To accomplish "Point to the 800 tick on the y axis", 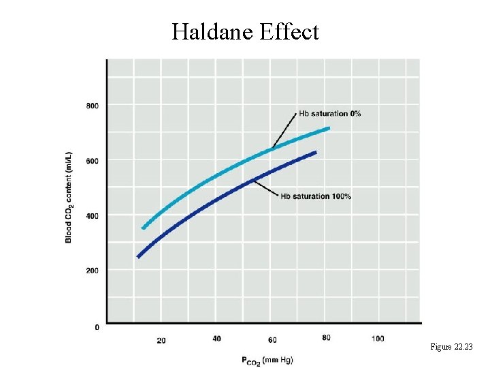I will point(92,106).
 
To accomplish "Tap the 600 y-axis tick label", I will point(92,161).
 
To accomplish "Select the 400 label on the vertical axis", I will point(92,216).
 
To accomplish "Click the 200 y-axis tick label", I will point(92,271).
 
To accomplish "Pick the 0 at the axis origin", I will point(96,328).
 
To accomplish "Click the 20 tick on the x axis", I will point(161,339).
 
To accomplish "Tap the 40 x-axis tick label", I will point(216,339).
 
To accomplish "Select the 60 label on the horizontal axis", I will point(272,339).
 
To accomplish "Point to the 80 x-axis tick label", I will point(326,339).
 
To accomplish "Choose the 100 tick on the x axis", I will point(378,339).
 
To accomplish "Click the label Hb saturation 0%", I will point(330,113).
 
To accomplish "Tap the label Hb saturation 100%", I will point(316,197).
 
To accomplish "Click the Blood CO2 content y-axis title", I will point(69,196).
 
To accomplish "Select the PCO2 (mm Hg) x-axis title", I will point(267,359).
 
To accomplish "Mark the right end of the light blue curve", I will point(329,128).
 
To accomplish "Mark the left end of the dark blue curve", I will point(139,256).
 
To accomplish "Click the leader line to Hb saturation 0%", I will point(284,129).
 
